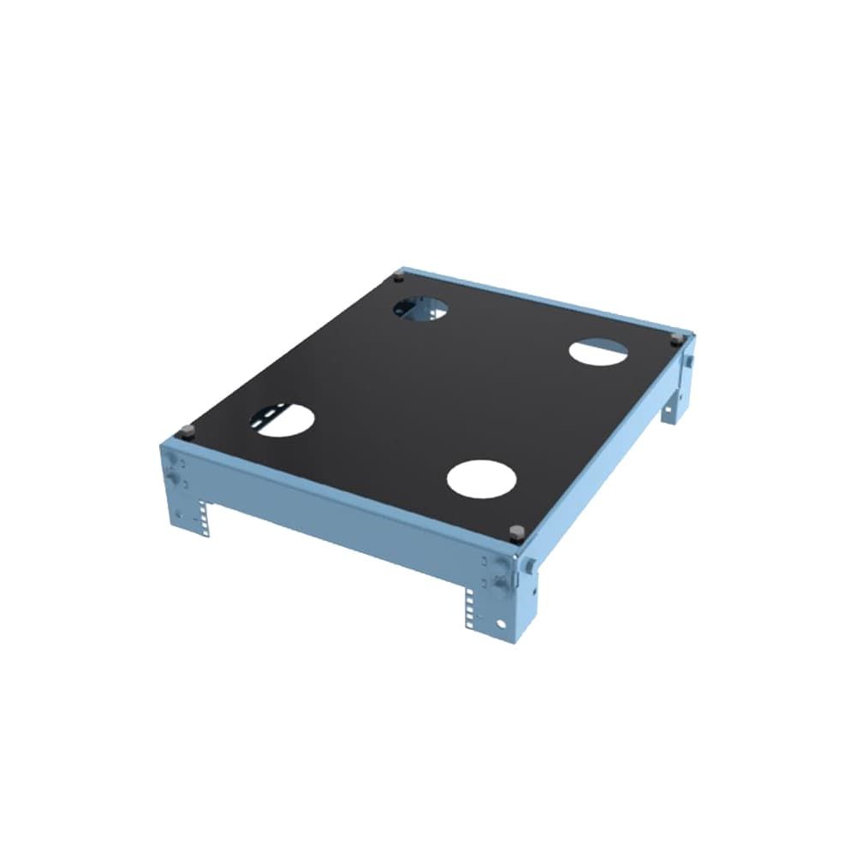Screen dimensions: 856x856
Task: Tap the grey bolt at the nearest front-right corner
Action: (515, 533)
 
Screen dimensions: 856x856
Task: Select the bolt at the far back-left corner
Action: (398, 278)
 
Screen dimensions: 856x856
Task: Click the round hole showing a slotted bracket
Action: (282, 419)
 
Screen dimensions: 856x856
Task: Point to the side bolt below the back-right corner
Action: (687, 363)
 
